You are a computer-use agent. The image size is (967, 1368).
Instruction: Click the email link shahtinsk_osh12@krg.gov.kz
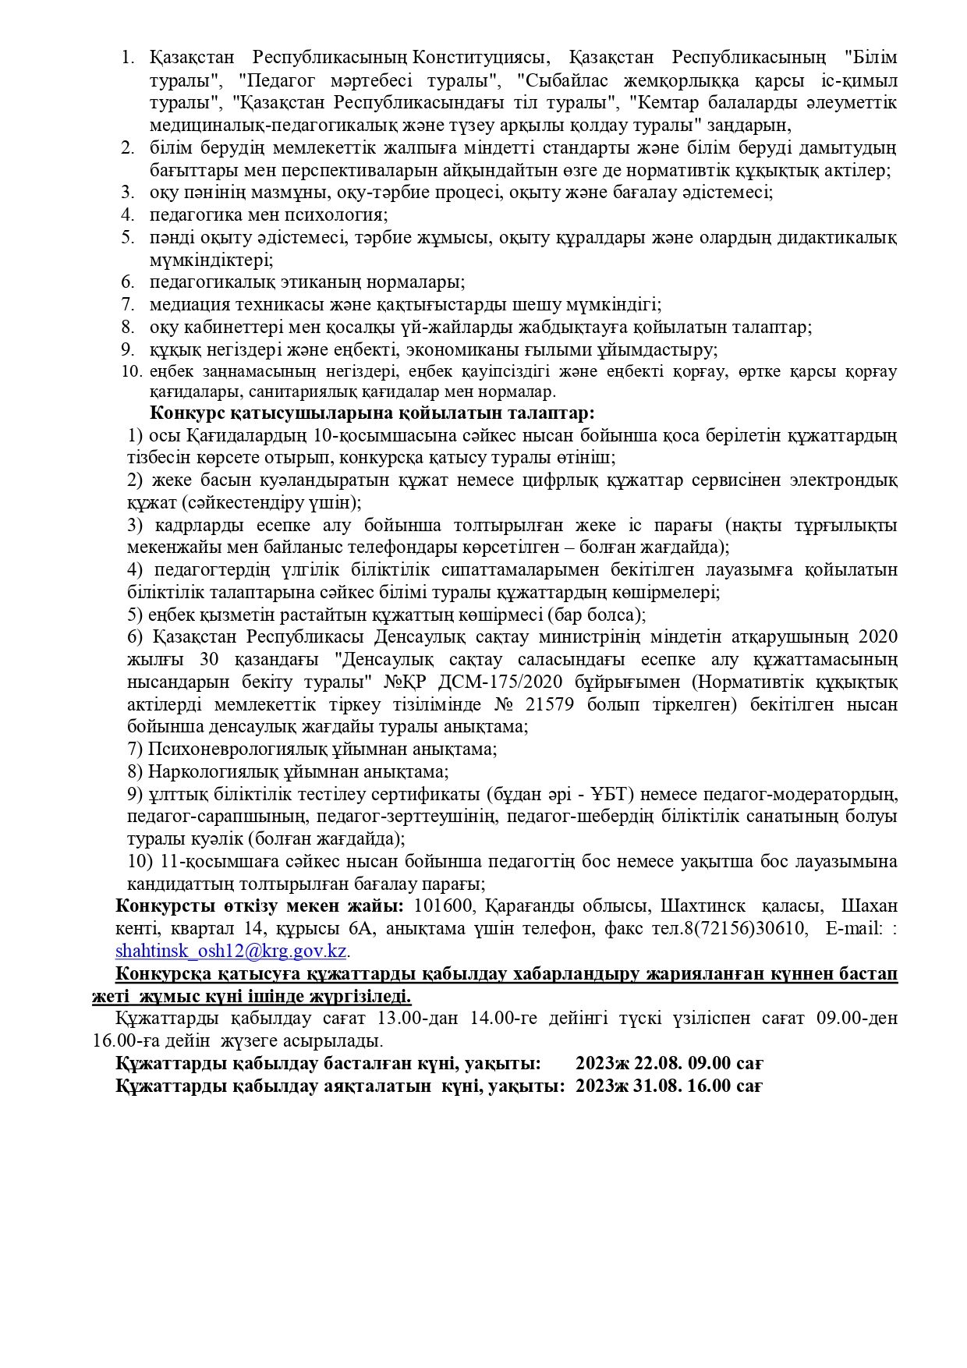tap(230, 952)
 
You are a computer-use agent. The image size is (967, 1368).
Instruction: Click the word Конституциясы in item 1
tap(480, 58)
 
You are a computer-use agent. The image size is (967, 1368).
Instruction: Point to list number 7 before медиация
tap(128, 305)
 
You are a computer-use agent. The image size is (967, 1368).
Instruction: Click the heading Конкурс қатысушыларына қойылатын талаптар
tap(372, 413)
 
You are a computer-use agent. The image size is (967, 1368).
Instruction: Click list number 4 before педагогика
tap(128, 215)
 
